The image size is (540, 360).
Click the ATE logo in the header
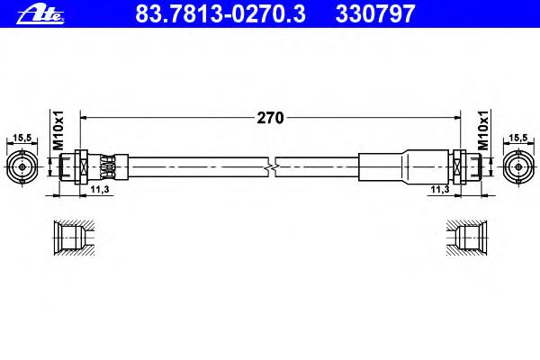(x=40, y=15)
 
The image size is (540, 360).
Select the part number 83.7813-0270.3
(x=220, y=13)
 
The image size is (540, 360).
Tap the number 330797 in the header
(x=375, y=13)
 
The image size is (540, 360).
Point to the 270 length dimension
(x=270, y=118)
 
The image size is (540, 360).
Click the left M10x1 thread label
(x=58, y=130)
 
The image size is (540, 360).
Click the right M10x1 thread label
(x=483, y=130)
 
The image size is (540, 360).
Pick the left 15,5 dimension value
(x=22, y=138)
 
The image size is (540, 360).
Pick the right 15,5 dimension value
(x=518, y=138)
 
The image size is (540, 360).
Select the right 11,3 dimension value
(x=440, y=189)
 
